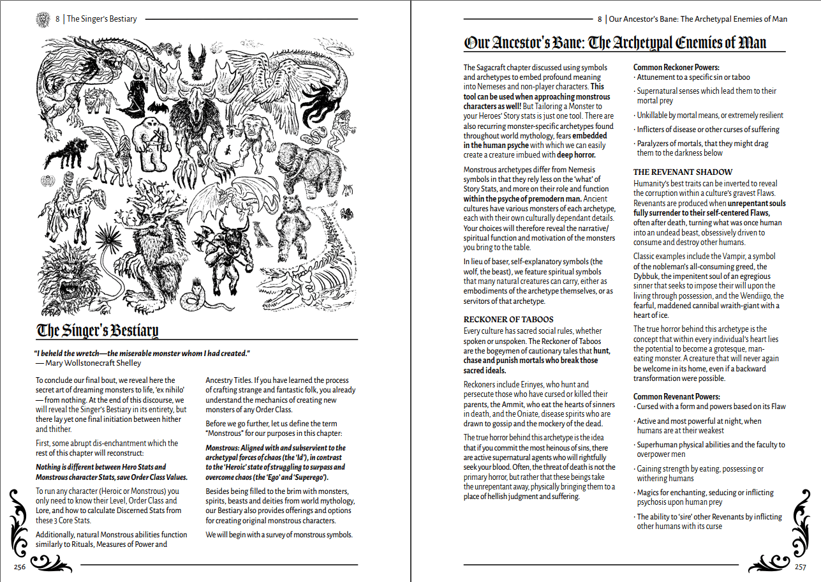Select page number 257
pyautogui.click(x=800, y=567)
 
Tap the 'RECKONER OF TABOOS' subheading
pyautogui.click(x=508, y=319)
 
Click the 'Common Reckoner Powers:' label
pyautogui.click(x=676, y=67)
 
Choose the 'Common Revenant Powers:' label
pyautogui.click(x=676, y=396)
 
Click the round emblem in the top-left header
pyautogui.click(x=43, y=19)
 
